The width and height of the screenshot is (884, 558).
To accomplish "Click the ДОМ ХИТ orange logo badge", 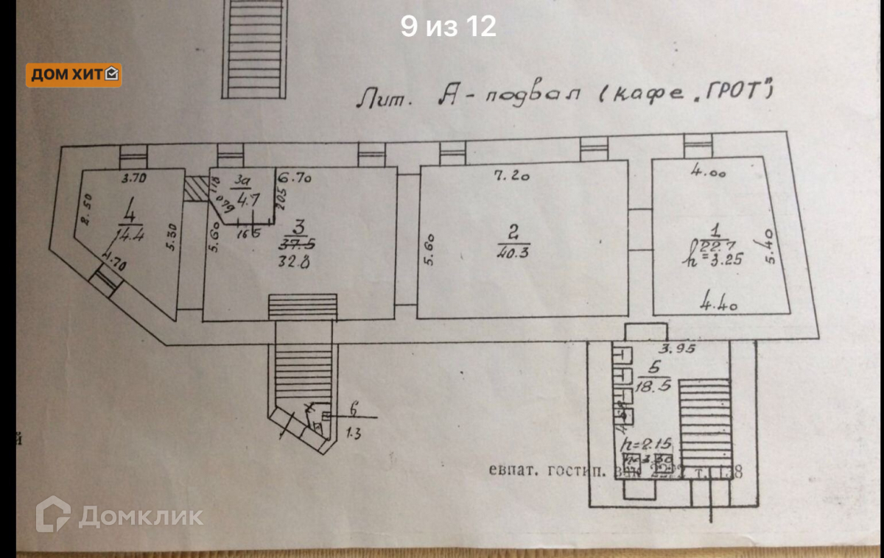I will coord(74,74).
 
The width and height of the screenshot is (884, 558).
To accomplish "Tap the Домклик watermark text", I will coord(140,515).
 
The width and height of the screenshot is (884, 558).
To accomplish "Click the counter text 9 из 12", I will coord(448,27).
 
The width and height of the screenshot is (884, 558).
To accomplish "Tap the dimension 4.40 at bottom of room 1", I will coord(718,300).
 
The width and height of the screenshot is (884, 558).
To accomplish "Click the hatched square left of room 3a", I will coord(195,188).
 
